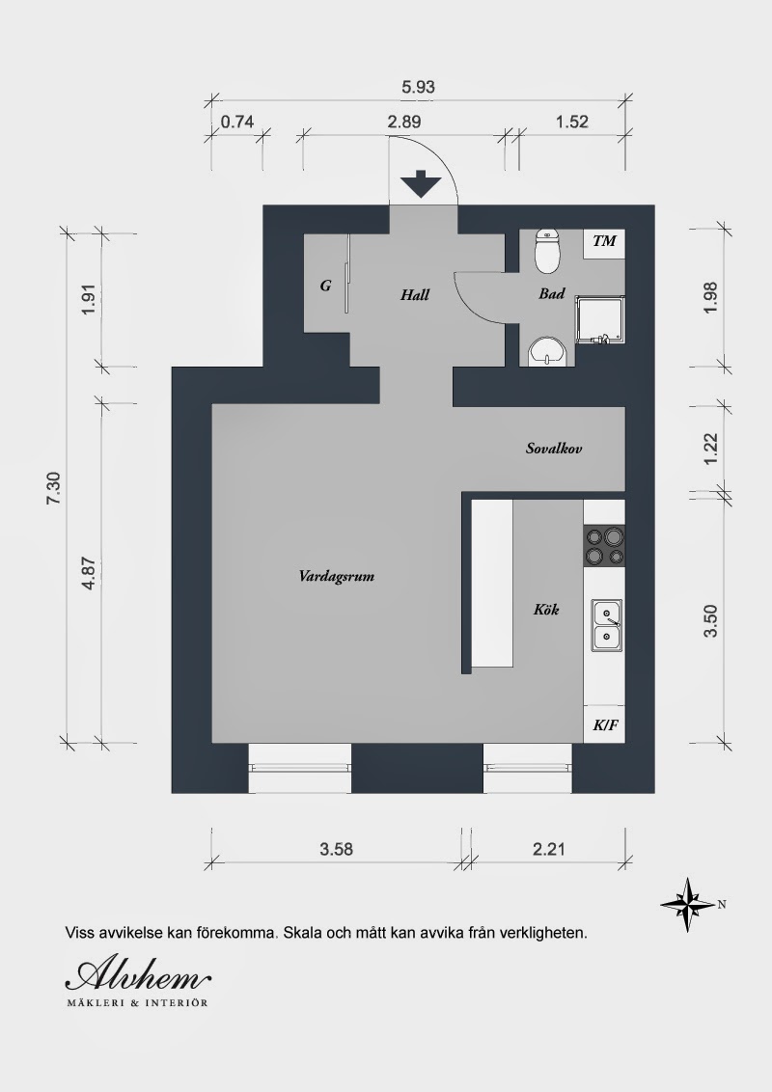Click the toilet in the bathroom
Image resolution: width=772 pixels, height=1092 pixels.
pos(548,251)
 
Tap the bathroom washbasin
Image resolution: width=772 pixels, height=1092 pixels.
pos(548,352)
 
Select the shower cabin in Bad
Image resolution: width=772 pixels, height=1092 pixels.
pos(600,319)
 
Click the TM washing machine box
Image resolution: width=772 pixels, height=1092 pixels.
pos(604,242)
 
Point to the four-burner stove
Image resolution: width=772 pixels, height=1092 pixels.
pos(604,546)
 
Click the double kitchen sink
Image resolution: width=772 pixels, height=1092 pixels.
pos(607,625)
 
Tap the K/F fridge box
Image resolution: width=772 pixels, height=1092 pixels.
pos(604,725)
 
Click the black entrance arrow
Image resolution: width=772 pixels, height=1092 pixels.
pos(422,184)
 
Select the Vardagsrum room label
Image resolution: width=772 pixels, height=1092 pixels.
pos(337,577)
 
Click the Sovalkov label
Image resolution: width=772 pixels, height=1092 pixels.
pos(554,449)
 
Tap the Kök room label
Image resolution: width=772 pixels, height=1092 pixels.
pos(546,610)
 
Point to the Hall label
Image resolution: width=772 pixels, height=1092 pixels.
pos(415,294)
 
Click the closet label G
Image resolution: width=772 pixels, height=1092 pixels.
pos(325,286)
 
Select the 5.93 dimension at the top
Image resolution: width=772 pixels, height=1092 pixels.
pos(418,87)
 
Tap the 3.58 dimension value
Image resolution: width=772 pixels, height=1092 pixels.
pos(337,849)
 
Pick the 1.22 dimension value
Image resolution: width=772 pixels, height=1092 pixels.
pos(710,450)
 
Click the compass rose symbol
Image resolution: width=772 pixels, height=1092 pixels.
pos(689,905)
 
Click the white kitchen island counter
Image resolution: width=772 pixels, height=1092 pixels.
pos(492,584)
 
